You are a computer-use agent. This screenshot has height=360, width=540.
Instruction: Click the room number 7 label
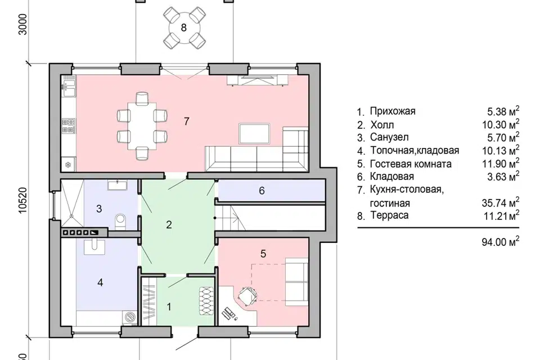pyautogui.click(x=186, y=121)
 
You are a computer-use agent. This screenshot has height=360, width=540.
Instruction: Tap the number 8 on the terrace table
pyautogui.click(x=183, y=28)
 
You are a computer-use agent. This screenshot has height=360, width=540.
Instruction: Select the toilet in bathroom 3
pyautogui.click(x=120, y=222)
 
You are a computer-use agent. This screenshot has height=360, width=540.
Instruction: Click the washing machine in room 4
pyautogui.click(x=130, y=317)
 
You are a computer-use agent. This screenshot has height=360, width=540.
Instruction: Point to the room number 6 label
pyautogui.click(x=262, y=191)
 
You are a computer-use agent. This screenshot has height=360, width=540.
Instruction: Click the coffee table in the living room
pyautogui.click(x=254, y=133)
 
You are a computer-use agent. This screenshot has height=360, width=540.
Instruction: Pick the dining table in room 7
pyautogui.click(x=142, y=126)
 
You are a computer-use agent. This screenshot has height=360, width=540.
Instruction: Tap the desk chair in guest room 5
pyautogui.click(x=248, y=295)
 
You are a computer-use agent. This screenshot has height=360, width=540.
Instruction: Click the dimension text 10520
pyautogui.click(x=22, y=200)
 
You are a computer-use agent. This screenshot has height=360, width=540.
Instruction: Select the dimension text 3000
pyautogui.click(x=22, y=24)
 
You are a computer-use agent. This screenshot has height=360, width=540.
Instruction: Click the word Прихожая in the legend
pyautogui.click(x=393, y=111)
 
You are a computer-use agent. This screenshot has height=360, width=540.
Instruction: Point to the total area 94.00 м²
pyautogui.click(x=501, y=241)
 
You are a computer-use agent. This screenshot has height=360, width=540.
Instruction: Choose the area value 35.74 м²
pyautogui.click(x=501, y=202)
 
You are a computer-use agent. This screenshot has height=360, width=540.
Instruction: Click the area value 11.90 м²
pyautogui.click(x=501, y=163)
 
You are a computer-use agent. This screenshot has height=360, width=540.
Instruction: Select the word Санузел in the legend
pyautogui.click(x=389, y=137)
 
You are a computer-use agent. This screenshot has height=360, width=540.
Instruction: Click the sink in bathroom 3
pyautogui.click(x=117, y=185)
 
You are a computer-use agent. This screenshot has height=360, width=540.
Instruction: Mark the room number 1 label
pyautogui.click(x=169, y=307)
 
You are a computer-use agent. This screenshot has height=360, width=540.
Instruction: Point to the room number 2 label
pyautogui.click(x=169, y=225)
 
